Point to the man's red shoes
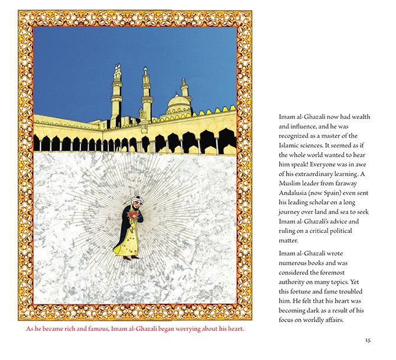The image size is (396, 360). [131, 258]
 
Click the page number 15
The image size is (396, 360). [367, 340]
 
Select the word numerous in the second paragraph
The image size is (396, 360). [296, 262]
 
